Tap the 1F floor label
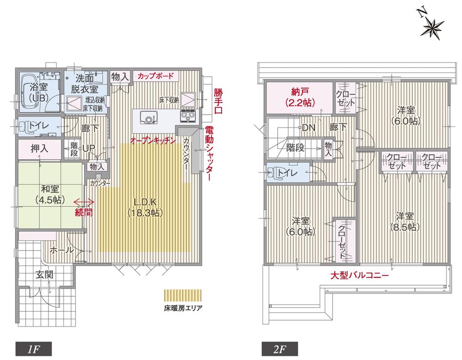pos(32,347)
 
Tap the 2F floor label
pos(279,347)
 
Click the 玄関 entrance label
pos(45,275)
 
